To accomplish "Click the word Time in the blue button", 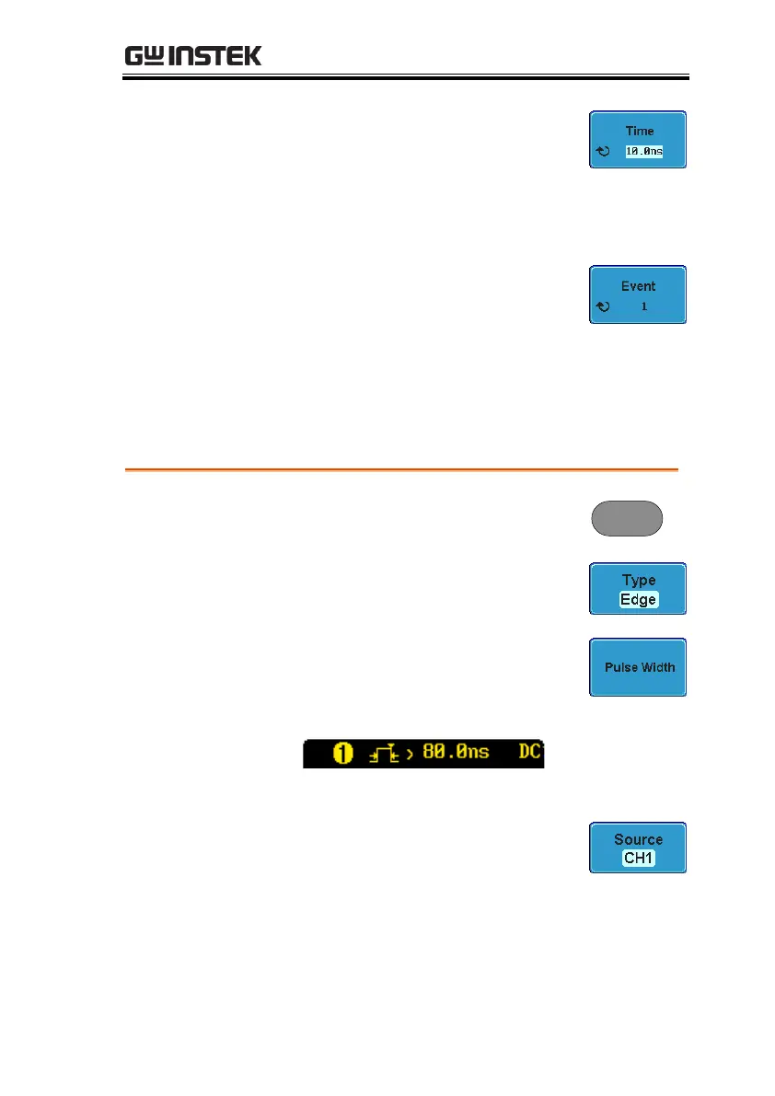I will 639,131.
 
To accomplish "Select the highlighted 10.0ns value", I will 644,151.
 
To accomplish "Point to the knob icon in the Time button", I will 603,151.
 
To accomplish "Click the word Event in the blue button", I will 639,286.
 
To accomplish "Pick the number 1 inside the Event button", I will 644,306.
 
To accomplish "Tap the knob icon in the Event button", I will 603,306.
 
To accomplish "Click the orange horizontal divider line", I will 401,469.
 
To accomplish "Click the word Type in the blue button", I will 639,580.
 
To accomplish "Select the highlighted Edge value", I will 639,599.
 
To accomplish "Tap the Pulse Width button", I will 639,667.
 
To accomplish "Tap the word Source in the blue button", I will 639,839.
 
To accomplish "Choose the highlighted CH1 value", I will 639,859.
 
